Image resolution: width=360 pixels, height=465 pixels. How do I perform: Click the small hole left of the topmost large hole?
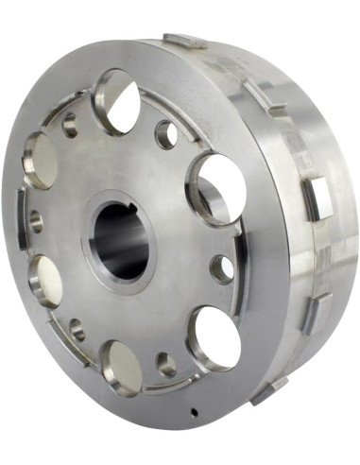[70, 124]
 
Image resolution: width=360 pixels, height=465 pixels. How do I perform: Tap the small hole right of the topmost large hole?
[166, 133]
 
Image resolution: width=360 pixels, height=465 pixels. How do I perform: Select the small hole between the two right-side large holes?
[221, 267]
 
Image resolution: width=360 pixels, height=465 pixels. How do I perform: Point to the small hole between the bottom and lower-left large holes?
[77, 332]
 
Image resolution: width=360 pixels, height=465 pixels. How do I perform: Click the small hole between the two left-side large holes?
[36, 221]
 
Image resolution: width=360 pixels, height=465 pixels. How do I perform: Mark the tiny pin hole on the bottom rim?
[192, 412]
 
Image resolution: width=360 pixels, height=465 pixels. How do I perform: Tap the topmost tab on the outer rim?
[185, 41]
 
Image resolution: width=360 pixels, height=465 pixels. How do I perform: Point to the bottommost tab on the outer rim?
[270, 387]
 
